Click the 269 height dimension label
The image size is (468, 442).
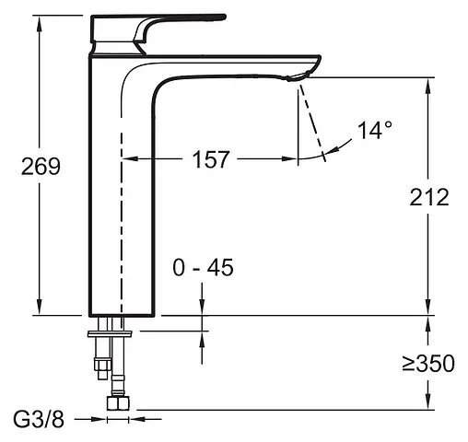41,167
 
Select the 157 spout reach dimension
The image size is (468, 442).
211,159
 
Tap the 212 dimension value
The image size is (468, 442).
429,197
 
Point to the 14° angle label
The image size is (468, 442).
375,130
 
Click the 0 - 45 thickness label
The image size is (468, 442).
203,267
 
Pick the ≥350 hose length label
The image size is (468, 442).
428,363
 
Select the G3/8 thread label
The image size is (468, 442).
39,419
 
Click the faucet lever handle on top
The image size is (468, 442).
158,29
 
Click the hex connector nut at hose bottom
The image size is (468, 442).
118,403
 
